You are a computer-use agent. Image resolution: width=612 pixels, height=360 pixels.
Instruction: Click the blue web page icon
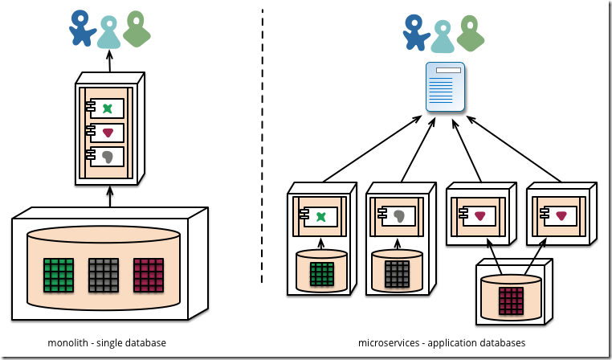click(446, 86)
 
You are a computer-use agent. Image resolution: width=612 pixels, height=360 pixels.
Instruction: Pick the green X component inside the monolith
click(108, 107)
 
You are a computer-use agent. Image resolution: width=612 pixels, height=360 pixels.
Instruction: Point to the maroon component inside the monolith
click(108, 133)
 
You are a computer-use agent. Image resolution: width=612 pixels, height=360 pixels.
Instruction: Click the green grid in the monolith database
click(59, 273)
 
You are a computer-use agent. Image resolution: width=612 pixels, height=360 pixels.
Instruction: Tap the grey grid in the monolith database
click(104, 273)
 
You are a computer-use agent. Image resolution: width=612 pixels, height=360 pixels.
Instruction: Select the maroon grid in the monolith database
click(149, 273)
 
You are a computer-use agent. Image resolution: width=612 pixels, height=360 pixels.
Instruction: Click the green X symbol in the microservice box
click(321, 215)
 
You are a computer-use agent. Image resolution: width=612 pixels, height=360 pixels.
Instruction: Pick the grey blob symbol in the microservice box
click(399, 215)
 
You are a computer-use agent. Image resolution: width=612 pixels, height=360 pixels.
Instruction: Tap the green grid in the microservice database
click(321, 274)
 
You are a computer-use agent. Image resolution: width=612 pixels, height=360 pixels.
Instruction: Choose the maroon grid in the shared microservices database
click(510, 301)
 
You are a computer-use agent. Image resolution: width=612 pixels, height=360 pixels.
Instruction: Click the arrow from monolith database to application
click(110, 197)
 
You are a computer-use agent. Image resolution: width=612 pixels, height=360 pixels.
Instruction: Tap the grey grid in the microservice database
click(398, 274)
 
